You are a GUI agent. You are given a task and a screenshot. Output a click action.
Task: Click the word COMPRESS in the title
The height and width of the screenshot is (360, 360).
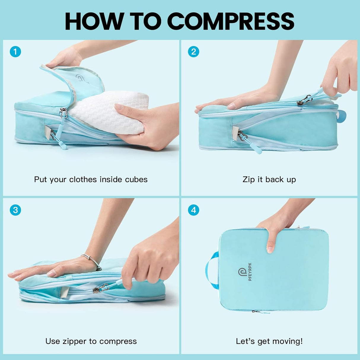coord(231,21)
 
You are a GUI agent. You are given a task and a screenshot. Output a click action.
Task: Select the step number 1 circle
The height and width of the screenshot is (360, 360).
coord(15,52)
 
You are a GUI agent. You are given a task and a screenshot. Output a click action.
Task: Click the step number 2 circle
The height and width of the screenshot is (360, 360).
coord(193,52)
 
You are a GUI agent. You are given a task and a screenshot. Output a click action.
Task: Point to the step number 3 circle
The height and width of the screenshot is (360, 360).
coord(15,210)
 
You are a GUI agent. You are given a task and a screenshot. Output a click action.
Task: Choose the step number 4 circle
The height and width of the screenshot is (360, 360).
coord(193,210)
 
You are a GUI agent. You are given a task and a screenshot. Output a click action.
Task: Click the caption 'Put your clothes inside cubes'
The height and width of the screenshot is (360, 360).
coord(91,179)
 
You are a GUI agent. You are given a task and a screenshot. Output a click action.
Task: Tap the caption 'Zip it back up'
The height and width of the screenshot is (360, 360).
coord(269,179)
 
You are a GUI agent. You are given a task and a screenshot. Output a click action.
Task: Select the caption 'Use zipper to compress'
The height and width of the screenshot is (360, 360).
coord(91,341)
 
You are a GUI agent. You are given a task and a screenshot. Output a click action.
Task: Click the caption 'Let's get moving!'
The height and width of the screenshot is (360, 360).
coord(269,341)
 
